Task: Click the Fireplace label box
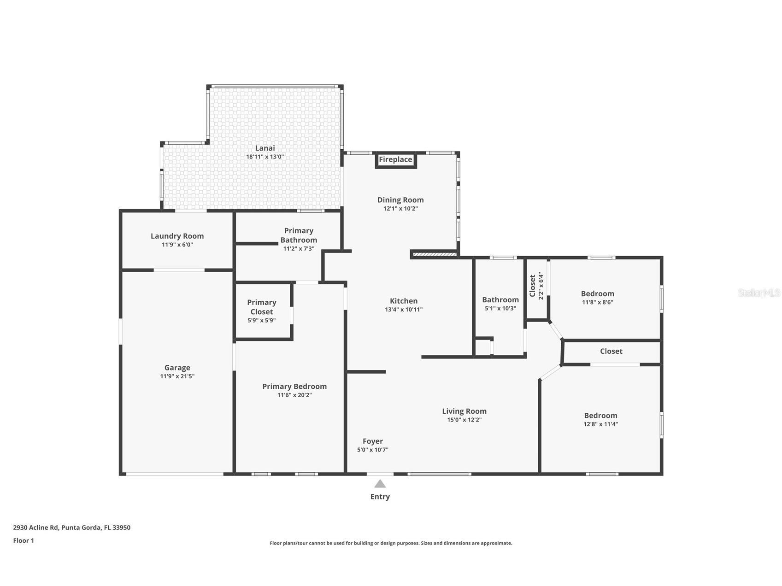coord(395,160)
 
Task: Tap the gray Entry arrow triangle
coord(380,484)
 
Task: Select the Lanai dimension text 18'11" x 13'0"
coord(265,157)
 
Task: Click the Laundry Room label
coord(177,236)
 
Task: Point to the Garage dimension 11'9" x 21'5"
coord(177,376)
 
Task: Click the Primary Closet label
coord(261,307)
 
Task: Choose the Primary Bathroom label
coord(299,235)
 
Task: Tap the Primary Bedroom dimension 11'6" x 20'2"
coord(294,395)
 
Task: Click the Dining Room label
coord(400,199)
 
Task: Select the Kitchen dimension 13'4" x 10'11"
coord(404,310)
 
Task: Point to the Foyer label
coord(372,441)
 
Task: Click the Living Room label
coord(464,411)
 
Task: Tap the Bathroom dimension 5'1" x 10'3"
coord(500,309)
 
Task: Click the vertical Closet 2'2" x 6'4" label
coord(536,287)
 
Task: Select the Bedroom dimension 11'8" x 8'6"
coord(597,303)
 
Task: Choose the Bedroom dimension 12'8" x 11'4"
coord(600,424)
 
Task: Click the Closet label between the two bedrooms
coord(611,351)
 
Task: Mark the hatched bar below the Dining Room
coord(435,254)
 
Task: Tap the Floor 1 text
coord(24,540)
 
